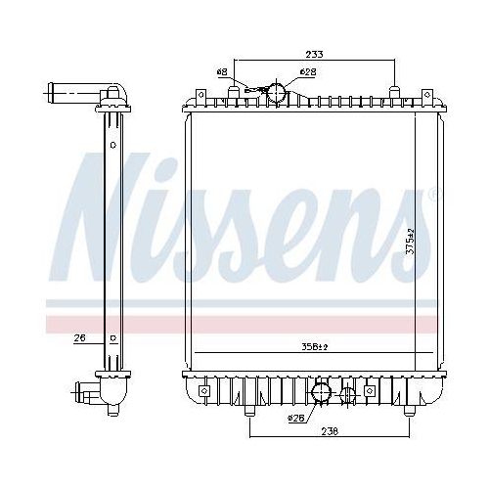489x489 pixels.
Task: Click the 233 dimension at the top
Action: (314, 55)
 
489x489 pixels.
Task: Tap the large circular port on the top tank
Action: (277, 93)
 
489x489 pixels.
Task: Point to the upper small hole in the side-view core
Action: (114, 145)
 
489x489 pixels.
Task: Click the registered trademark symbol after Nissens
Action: (433, 195)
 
